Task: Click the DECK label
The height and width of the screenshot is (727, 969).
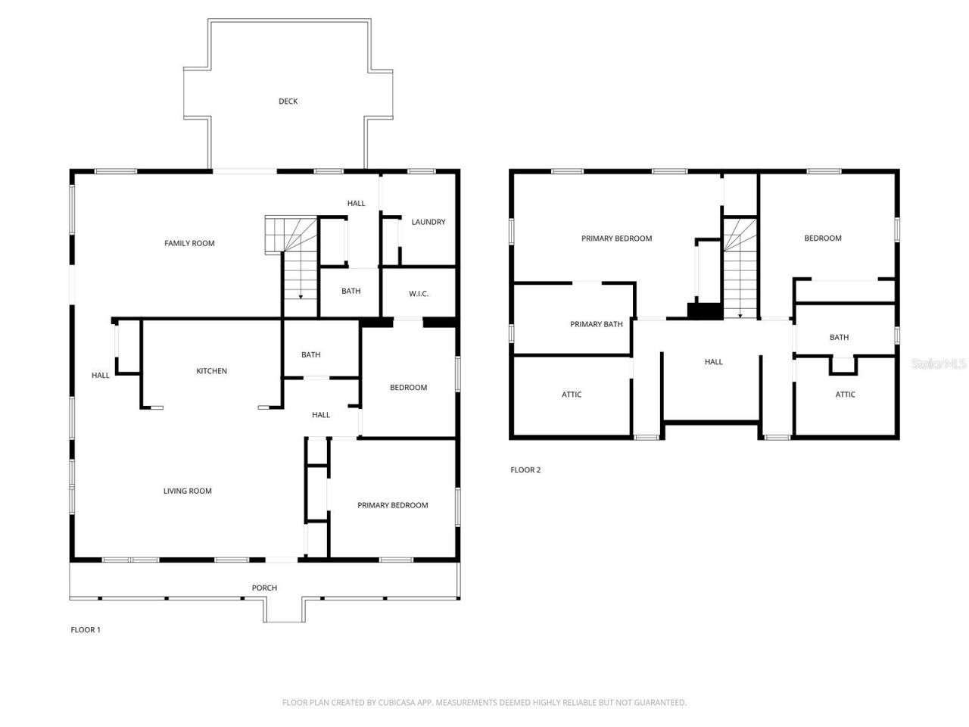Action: click(x=288, y=101)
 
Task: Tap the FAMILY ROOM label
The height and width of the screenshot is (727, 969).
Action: click(x=189, y=243)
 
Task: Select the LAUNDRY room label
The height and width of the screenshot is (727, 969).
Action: click(x=428, y=222)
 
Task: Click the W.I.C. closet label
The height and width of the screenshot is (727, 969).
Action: click(x=419, y=294)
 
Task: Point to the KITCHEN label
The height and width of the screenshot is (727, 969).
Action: click(x=211, y=371)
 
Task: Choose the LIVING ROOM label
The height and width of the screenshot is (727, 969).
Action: click(x=187, y=491)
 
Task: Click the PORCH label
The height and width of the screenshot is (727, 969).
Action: click(x=264, y=588)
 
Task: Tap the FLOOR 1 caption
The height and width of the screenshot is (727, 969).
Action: click(x=86, y=629)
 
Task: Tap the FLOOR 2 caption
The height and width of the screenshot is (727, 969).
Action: click(x=525, y=470)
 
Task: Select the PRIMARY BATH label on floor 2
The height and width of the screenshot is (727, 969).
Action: click(x=596, y=324)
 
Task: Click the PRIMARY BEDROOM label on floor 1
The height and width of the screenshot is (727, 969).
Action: click(x=392, y=505)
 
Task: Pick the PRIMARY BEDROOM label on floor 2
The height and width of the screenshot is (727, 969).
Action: click(x=616, y=239)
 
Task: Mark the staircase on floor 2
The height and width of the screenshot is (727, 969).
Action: click(x=739, y=269)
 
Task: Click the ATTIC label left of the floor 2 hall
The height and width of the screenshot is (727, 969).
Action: click(x=572, y=395)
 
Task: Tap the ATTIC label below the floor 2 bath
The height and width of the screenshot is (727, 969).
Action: click(x=845, y=395)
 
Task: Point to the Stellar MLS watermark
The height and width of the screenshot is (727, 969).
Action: click(x=939, y=364)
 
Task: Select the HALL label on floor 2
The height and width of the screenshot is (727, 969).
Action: click(x=713, y=362)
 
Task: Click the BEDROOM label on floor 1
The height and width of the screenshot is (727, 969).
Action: click(x=408, y=388)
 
